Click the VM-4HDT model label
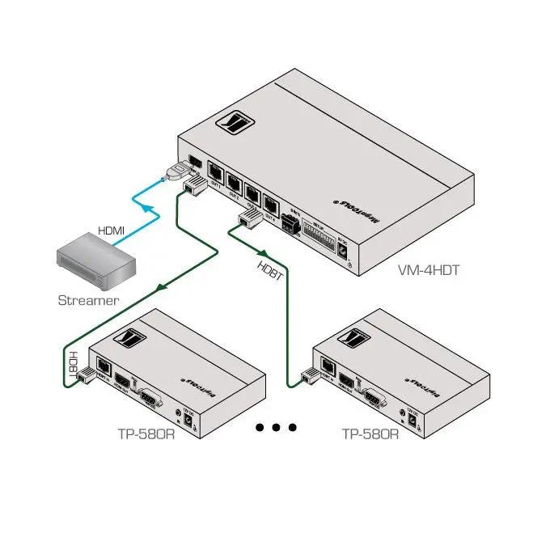[429, 270]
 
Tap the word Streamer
[88, 300]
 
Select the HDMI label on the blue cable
[112, 231]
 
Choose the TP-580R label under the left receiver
[146, 434]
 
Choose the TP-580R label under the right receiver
[370, 434]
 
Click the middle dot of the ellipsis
[277, 427]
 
